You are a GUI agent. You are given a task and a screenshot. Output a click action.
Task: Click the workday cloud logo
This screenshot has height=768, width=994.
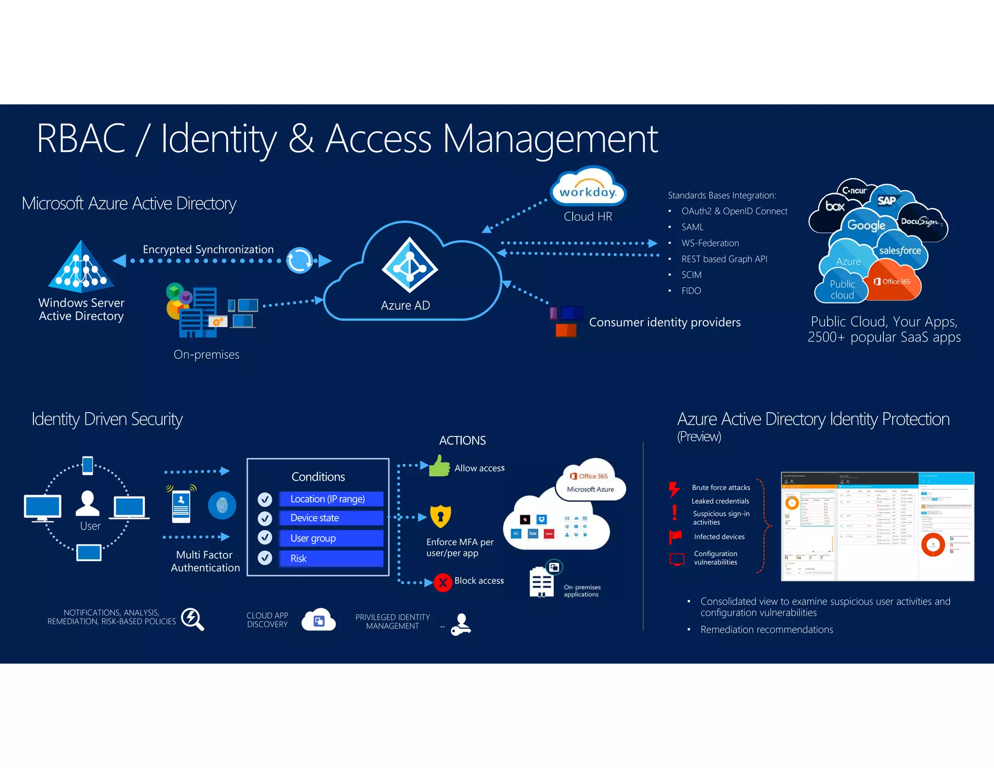588,190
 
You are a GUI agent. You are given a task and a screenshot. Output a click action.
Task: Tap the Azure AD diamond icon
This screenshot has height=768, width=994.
410,265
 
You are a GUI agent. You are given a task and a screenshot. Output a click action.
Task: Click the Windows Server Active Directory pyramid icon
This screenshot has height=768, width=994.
81,268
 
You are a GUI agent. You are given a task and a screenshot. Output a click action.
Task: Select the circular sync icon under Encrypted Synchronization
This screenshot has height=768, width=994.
299,260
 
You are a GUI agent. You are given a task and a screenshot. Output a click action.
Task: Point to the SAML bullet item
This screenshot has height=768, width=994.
692,227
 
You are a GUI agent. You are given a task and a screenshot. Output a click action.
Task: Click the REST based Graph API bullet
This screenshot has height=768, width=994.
724,259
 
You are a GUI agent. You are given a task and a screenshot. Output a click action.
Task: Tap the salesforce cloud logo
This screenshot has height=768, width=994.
899,251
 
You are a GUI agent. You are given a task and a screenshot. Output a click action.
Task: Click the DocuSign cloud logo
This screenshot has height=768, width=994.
920,222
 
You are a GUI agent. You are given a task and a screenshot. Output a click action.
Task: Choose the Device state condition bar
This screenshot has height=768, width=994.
331,518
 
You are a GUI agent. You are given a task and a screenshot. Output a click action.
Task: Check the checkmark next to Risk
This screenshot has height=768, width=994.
265,558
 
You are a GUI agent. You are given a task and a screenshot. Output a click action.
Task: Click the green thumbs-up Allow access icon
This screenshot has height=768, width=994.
439,467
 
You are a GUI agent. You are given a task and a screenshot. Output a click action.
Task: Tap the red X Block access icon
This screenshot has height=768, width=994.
443,582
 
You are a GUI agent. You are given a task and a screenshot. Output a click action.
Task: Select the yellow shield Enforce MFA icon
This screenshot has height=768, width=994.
441,516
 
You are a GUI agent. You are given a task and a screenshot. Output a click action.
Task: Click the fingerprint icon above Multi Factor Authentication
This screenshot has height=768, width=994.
222,505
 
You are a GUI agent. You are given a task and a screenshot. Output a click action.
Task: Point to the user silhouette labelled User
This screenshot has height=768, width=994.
88,503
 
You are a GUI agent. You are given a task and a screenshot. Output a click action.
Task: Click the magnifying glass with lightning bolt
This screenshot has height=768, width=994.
192,619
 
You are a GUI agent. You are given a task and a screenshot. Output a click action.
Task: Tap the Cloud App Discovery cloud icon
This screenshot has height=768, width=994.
318,620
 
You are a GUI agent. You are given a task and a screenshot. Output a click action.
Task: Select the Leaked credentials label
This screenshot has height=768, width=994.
720,501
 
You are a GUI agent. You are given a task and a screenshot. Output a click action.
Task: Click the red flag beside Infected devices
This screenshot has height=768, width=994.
675,536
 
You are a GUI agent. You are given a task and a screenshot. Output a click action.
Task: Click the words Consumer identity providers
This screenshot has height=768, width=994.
664,322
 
